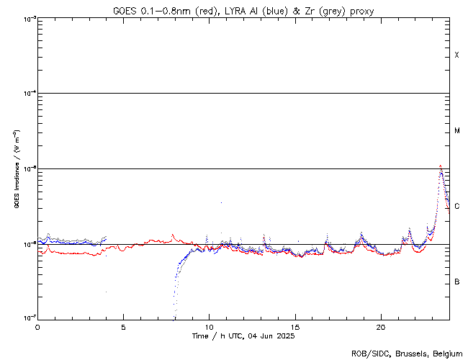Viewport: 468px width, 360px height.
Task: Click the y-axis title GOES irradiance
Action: (17, 169)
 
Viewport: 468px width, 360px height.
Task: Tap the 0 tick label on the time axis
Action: (37, 326)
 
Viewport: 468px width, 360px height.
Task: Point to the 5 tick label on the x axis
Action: (123, 326)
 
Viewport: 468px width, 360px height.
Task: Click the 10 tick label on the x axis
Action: (209, 326)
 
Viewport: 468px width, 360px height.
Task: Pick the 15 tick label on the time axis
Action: (295, 326)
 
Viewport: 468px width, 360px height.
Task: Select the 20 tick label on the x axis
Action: (381, 326)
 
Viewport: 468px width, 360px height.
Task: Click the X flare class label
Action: (457, 55)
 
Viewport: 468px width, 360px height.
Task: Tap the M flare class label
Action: (457, 131)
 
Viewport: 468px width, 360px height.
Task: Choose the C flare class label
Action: (457, 207)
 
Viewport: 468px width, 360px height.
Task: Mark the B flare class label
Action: (457, 282)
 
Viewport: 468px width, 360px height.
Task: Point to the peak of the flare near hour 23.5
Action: (440, 166)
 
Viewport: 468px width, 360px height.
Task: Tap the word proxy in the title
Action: (362, 11)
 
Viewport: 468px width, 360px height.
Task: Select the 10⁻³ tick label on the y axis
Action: (28, 18)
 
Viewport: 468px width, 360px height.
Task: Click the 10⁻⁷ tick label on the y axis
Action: (28, 318)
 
